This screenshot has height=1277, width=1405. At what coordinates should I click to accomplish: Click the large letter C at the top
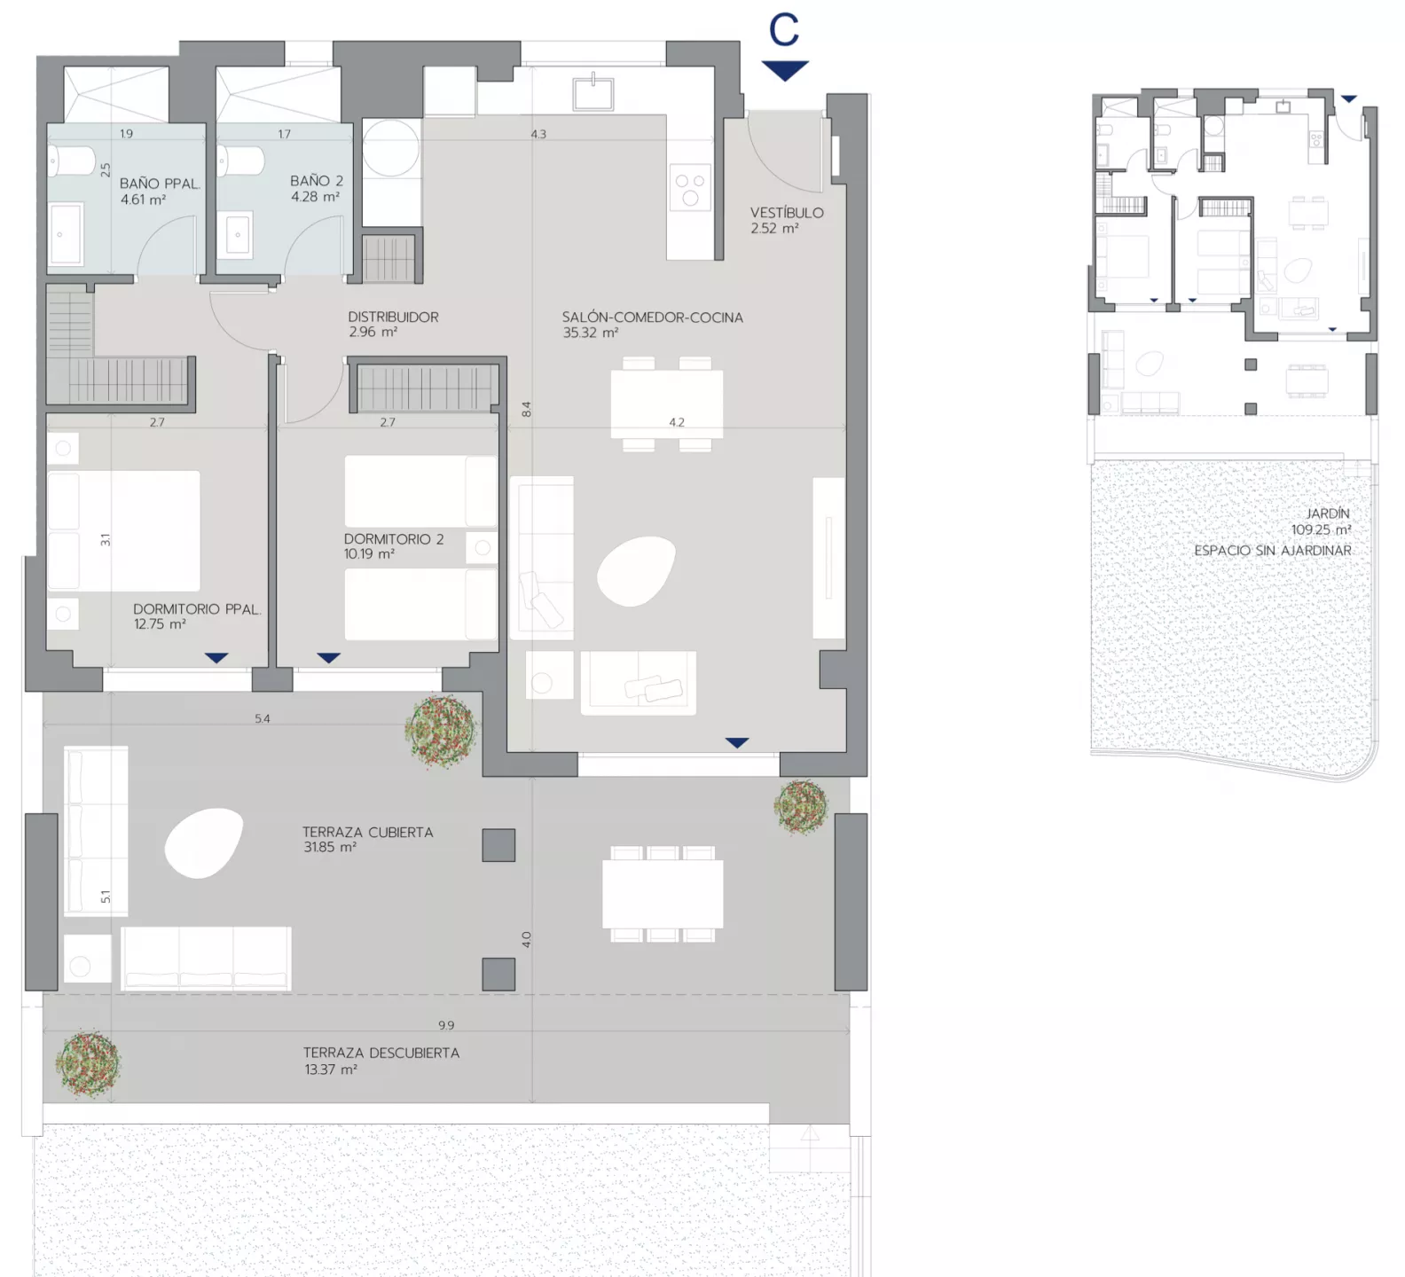coord(784,30)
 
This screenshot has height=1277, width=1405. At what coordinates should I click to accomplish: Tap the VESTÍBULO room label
coord(787,213)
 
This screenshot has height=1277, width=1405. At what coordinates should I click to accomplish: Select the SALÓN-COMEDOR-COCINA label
coord(652,317)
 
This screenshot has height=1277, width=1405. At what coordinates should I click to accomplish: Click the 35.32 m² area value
coord(590,333)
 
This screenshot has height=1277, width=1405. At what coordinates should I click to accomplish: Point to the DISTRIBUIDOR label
coord(393,317)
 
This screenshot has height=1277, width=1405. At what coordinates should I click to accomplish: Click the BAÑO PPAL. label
coord(160,184)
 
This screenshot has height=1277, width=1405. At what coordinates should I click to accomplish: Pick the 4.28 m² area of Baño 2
coord(315,197)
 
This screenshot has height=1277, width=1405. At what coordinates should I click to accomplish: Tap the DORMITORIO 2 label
coord(394,539)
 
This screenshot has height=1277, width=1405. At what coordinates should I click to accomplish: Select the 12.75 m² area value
coord(160,624)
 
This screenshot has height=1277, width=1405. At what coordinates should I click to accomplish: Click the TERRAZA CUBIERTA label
coord(367,832)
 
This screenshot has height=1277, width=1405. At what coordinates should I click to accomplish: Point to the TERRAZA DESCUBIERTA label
coord(381,1053)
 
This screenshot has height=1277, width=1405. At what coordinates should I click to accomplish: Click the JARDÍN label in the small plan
coord(1328,513)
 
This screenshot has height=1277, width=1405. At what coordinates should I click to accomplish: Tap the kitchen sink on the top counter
coord(593,92)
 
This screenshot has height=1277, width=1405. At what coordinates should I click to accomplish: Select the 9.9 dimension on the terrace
coord(446,1025)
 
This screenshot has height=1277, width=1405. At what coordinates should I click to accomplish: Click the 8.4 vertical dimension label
coord(526,410)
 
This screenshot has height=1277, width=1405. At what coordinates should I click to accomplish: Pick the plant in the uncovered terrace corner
coord(88,1063)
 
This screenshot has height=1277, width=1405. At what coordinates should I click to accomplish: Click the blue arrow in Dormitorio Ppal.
coord(216,658)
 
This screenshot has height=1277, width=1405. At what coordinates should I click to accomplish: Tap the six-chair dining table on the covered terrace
coord(663,894)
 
